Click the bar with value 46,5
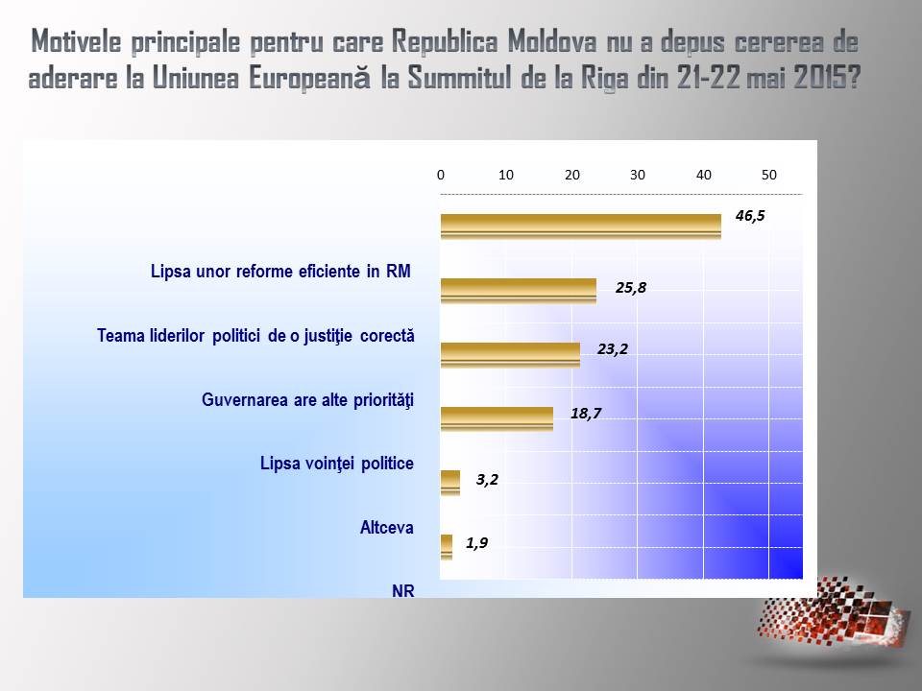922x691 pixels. coord(581,226)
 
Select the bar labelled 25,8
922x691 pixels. coord(519,291)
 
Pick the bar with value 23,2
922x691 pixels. coord(510,355)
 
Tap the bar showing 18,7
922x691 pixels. coord(497,419)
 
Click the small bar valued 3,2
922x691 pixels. coord(450,483)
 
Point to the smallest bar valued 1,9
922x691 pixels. coord(447,547)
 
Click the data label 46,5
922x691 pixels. coord(750,216)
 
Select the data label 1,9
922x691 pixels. coord(477,542)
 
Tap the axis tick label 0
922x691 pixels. coord(441,175)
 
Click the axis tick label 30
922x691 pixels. coord(638,175)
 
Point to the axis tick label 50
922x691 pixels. coord(769,175)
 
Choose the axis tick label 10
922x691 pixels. coord(506,175)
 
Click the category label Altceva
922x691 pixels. coord(386,528)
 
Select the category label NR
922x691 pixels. coord(402,591)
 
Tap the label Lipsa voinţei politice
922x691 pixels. coord(337,464)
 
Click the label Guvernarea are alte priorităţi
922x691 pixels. coord(307,400)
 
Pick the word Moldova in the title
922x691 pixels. coord(552,41)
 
